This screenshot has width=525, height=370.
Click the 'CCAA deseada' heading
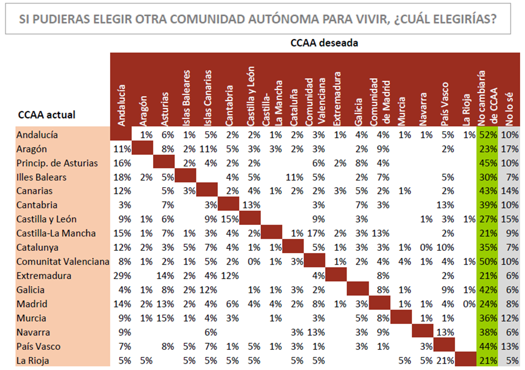(324, 43)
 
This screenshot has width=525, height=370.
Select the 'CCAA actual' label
(46, 114)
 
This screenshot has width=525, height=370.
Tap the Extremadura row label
(44, 276)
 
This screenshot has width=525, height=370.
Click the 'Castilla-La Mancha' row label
(56, 233)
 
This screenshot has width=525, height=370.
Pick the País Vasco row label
(39, 346)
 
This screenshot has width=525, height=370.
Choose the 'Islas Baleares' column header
(186, 98)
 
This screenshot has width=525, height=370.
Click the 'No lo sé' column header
(509, 109)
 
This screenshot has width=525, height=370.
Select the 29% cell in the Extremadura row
(122, 276)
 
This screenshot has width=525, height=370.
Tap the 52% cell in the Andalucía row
(488, 135)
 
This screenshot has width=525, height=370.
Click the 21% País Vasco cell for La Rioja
(445, 360)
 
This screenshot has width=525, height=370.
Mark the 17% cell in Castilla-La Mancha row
(316, 233)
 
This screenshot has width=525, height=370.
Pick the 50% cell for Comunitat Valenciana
(488, 261)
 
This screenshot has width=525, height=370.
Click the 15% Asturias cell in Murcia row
(165, 318)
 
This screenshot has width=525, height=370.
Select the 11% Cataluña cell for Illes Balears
(295, 177)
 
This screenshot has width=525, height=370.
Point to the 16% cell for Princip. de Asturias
(122, 163)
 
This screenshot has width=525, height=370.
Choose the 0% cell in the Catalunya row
(426, 247)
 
